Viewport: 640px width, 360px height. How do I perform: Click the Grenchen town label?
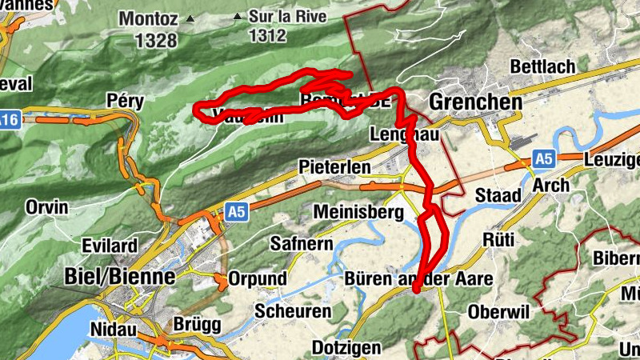[475, 102]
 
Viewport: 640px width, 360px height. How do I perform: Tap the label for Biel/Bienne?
[118, 277]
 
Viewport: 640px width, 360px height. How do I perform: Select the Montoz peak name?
[150, 18]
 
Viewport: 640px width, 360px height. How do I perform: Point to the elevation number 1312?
[266, 35]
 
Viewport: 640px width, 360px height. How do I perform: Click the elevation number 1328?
[157, 40]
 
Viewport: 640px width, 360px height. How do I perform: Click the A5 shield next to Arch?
[544, 159]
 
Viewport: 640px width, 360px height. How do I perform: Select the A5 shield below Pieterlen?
[234, 212]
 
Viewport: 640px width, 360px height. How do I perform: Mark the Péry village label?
[125, 100]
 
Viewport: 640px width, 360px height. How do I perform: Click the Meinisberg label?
[357, 213]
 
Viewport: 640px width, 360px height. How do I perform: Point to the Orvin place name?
[47, 208]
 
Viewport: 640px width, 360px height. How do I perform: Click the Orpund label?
[258, 278]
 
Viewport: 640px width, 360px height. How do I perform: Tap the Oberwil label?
[499, 311]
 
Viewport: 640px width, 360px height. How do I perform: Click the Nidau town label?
[114, 329]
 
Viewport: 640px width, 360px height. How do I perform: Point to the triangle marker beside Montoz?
[190, 18]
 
